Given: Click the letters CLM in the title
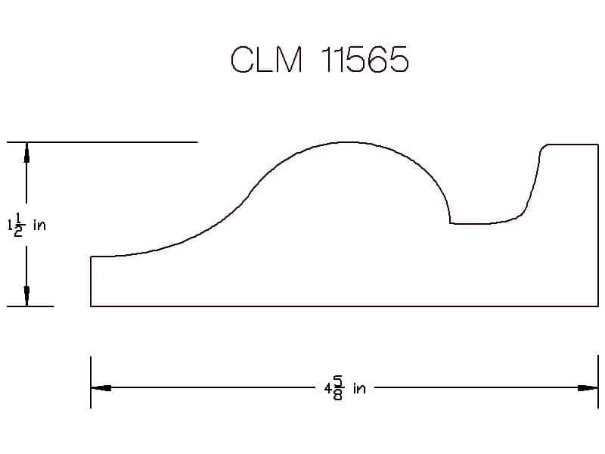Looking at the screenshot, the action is point(266,59).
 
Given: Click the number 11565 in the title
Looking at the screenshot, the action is point(365,59).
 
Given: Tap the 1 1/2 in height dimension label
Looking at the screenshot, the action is point(26,224).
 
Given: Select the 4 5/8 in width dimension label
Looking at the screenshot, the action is point(345,388).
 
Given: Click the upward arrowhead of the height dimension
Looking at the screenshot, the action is point(26,152).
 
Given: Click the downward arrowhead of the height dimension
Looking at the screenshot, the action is point(26,296).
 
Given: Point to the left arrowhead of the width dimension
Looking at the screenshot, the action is point(101,387).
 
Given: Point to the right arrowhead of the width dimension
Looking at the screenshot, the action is point(588,387).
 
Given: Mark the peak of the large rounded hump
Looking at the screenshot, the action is point(346,142).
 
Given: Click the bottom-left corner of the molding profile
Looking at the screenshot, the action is point(91,306).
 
